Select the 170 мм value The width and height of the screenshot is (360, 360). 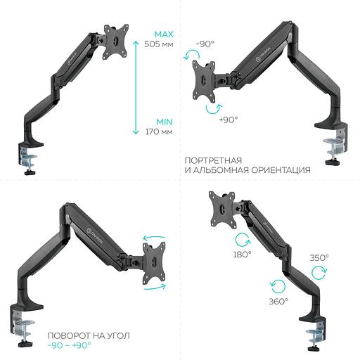(x=157, y=131)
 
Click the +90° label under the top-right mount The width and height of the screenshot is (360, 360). (x=228, y=120)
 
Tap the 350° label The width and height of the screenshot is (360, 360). (x=319, y=258)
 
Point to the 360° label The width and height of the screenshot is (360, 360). (x=278, y=301)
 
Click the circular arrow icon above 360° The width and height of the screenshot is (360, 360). (x=278, y=284)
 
